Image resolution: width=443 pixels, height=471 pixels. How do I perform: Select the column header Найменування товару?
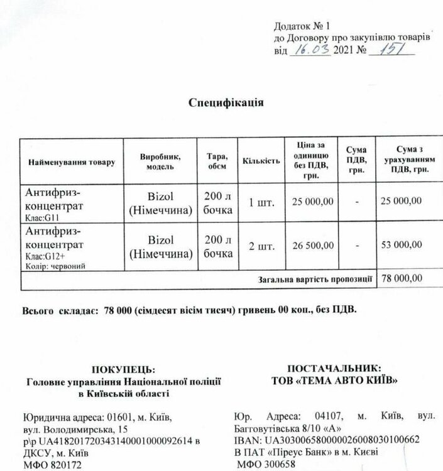72,163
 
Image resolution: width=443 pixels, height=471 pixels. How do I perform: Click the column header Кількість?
260,162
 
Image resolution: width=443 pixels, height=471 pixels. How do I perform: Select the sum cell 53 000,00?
402,246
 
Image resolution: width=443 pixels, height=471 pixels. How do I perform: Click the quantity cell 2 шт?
261,246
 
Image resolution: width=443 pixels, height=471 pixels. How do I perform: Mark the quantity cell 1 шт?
261,201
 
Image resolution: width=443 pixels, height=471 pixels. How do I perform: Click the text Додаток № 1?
303,26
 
